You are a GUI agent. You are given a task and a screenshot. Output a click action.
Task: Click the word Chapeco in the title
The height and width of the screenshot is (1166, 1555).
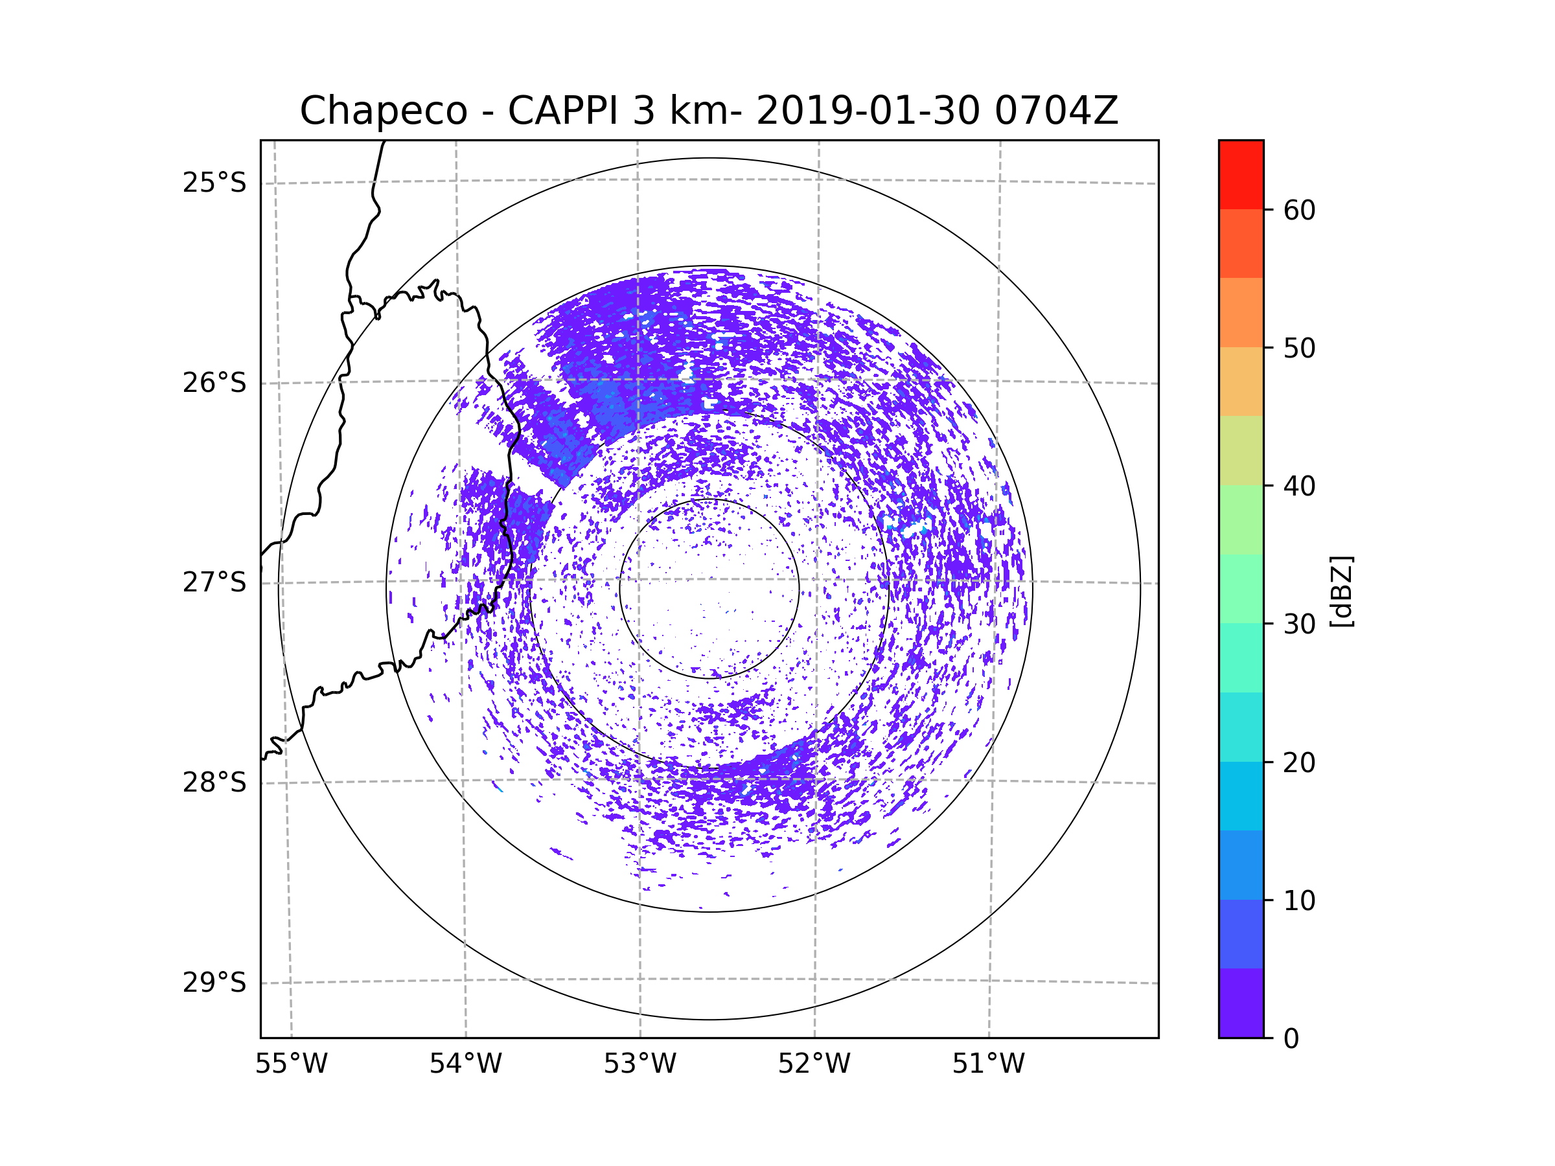(x=383, y=111)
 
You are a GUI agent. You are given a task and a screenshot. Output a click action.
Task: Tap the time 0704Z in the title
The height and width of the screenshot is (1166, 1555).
(x=1056, y=111)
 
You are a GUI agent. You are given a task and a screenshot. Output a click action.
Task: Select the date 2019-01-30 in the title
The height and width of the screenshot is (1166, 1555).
(x=868, y=111)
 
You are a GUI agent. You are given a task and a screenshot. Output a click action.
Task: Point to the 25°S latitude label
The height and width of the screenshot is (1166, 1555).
(x=214, y=183)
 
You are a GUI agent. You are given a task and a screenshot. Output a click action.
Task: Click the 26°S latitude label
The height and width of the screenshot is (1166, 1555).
(x=214, y=383)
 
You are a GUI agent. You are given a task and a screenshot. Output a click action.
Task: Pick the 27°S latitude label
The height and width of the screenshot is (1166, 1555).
(x=214, y=582)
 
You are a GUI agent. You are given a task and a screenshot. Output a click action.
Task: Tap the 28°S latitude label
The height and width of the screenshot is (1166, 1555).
(x=214, y=783)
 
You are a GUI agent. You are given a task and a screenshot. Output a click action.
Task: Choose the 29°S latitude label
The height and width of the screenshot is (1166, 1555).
(x=214, y=983)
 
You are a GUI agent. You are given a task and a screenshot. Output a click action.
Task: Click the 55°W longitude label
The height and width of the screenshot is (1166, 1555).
(x=291, y=1064)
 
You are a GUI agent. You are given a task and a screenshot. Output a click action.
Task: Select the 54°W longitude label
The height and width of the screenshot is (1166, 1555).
(x=465, y=1064)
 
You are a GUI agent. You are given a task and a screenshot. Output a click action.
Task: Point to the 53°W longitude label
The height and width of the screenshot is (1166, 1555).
(x=639, y=1064)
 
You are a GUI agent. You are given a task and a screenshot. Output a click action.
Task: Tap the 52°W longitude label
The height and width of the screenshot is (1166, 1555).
(x=814, y=1064)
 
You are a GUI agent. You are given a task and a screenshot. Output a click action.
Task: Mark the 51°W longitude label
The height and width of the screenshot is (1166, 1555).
(x=988, y=1064)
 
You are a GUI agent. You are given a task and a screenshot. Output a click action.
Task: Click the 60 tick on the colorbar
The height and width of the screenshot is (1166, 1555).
(x=1299, y=210)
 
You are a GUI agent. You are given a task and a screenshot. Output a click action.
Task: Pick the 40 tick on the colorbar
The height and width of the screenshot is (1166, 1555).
(x=1299, y=486)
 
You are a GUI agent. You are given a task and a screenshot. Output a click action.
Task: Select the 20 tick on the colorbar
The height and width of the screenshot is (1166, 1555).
(x=1299, y=762)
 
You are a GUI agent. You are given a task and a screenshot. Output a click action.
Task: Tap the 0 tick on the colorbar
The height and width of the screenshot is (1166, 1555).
(x=1291, y=1039)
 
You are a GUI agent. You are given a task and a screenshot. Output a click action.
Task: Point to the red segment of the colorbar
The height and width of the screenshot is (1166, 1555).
(x=1241, y=174)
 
